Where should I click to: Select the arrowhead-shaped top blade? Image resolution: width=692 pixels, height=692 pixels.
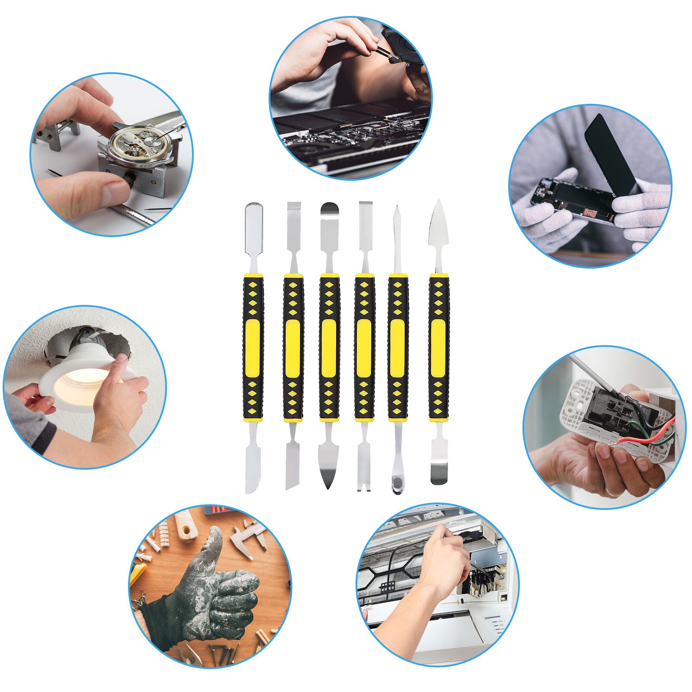click(438, 225)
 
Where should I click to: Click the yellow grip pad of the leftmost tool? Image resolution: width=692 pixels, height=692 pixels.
click(253, 348)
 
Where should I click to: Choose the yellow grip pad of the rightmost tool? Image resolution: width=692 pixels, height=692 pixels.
click(439, 348)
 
